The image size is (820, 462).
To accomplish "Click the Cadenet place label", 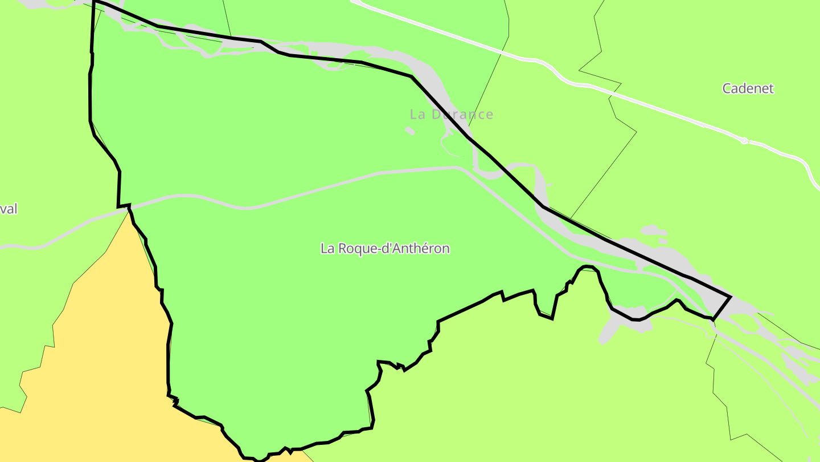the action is pos(748,88).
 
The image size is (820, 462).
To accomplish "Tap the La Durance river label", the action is pos(451,114).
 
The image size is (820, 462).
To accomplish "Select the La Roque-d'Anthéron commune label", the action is pos(385,249).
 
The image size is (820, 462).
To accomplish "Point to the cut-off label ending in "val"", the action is pos(9,209).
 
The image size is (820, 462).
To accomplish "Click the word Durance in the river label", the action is pos(462,114).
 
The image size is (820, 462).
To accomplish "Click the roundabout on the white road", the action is pos(744,140).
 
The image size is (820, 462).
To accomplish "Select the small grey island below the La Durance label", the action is pos(409,131).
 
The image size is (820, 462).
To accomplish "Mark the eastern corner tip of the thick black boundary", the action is pos(731,297).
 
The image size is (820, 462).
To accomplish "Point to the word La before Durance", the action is pos(418,114).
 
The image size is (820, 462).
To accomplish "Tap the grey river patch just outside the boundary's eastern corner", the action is pos(743,308).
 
